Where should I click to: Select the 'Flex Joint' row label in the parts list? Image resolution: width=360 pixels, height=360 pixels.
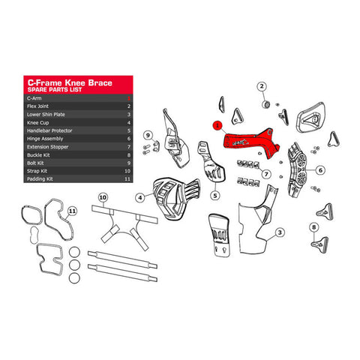click(40, 106)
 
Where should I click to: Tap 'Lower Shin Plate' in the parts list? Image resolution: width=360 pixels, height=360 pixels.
click(46, 115)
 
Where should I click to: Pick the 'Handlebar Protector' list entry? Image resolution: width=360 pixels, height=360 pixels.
click(50, 131)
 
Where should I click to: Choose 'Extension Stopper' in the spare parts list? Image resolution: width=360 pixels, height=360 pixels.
click(48, 148)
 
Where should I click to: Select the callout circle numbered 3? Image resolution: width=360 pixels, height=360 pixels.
click(279, 233)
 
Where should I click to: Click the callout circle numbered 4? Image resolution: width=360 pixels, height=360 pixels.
click(139, 197)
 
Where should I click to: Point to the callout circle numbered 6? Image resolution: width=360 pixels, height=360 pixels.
click(319, 170)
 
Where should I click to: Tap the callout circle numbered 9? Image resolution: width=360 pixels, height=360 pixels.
click(148, 135)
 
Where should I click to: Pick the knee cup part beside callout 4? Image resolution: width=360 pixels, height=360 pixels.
click(174, 195)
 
